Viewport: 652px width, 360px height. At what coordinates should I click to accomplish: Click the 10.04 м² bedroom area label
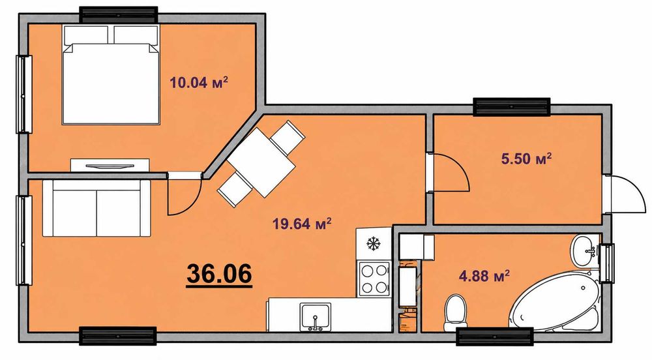coord(199,82)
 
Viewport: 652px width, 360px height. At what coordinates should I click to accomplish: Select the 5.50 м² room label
coord(527,158)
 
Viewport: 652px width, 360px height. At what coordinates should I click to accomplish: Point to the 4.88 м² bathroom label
coord(484,275)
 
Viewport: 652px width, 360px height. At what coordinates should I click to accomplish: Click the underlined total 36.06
coord(219,274)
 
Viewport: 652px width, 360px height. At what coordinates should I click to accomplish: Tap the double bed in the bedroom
coord(111,74)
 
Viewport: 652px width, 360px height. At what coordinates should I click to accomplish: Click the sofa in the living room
coord(96,209)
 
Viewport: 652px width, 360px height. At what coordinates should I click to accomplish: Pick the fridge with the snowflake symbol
coord(374,244)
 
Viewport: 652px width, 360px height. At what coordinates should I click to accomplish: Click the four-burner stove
coord(374,279)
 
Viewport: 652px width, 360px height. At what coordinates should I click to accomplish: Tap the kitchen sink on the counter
coord(316,317)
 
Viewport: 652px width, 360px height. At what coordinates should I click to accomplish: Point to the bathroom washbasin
coord(585,251)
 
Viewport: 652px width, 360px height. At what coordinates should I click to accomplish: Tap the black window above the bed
coord(119,15)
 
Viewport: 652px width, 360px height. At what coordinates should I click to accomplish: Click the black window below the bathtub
coord(494,337)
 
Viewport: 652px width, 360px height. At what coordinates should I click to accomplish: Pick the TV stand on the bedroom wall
coord(110,165)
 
